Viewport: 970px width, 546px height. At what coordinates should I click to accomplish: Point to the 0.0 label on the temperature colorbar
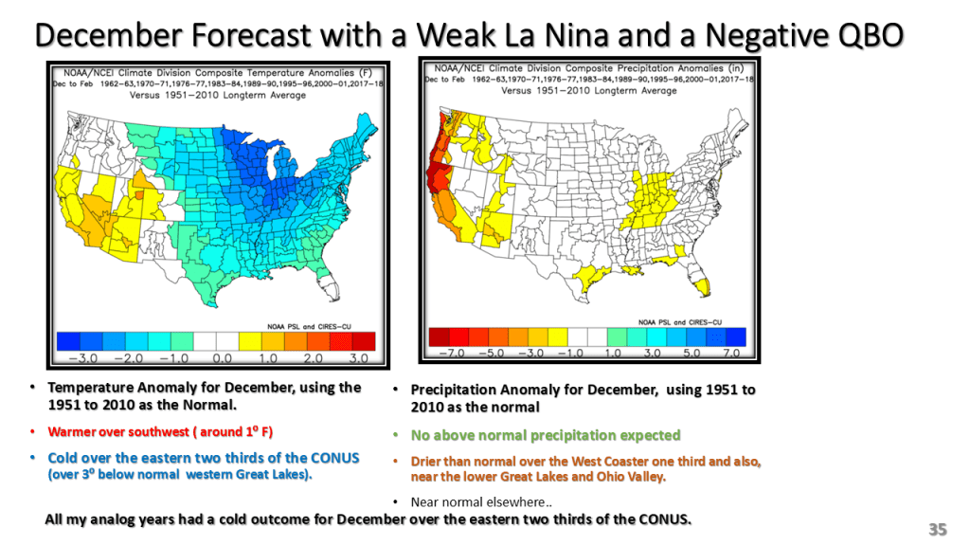(221, 359)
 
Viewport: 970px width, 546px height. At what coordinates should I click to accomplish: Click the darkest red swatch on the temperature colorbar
(365, 340)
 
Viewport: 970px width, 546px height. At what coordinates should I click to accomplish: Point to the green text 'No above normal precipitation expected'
(545, 435)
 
